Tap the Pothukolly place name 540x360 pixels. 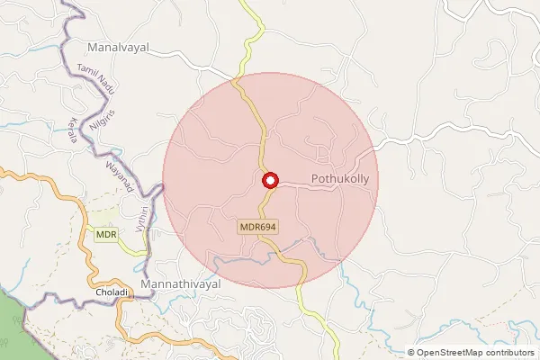340,179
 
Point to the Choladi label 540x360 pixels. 112,293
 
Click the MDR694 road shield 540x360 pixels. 256,228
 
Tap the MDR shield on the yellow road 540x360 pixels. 106,235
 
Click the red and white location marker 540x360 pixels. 269,180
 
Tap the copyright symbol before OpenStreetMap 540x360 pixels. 412,353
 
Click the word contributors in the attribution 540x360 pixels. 506,353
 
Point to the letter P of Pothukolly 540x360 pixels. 314,179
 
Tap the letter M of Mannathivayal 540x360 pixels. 158,283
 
